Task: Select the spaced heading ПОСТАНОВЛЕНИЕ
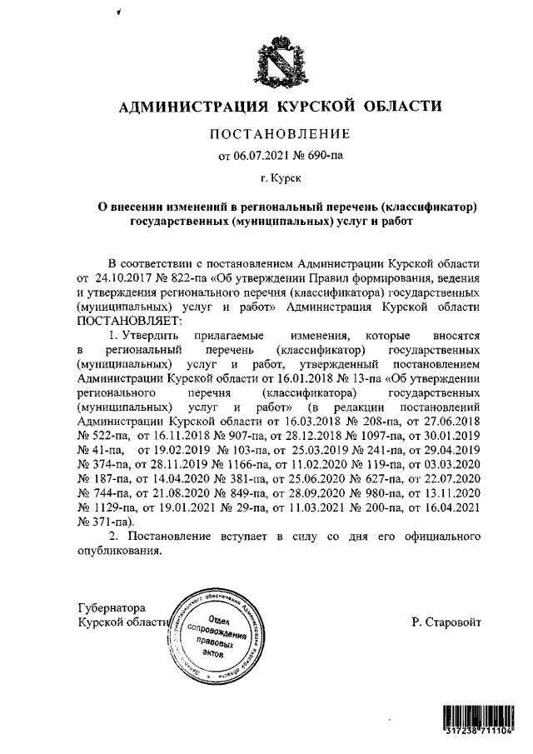(x=279, y=134)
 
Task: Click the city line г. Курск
(x=279, y=177)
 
